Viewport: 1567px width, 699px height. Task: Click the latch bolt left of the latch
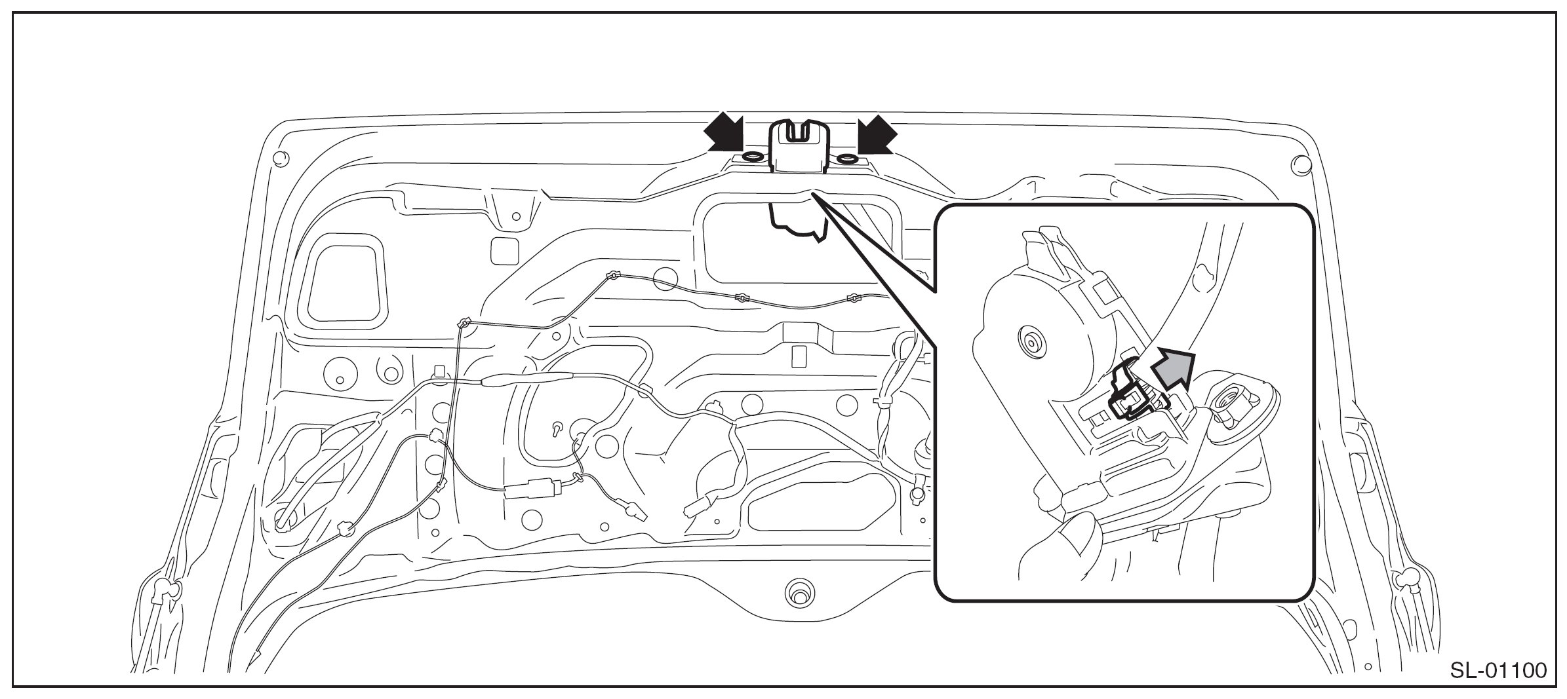pos(752,157)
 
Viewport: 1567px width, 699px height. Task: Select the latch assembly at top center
pos(798,147)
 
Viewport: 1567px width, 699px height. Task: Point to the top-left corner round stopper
pos(280,158)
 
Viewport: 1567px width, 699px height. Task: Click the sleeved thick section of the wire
pos(528,380)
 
